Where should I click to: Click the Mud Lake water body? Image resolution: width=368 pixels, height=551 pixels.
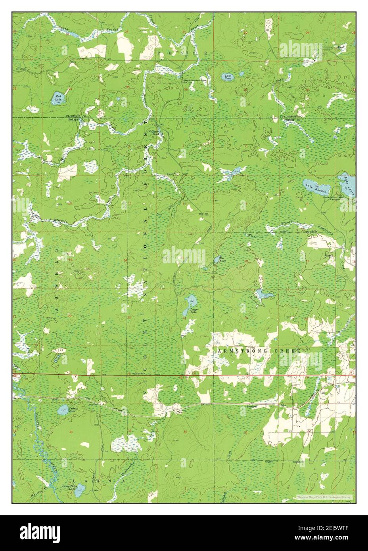pyautogui.click(x=58, y=98)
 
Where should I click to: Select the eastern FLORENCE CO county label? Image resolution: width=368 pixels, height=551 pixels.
pyautogui.click(x=292, y=117)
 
